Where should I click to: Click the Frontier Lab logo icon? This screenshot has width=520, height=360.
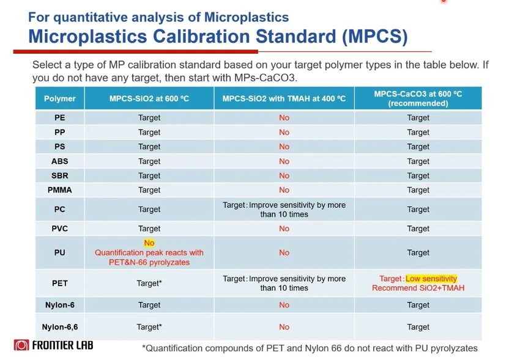(x=21, y=345)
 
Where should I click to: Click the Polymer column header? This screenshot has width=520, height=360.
(x=59, y=98)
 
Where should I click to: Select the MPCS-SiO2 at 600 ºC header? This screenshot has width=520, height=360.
(x=149, y=98)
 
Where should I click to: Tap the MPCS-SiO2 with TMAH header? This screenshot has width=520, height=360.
(x=284, y=98)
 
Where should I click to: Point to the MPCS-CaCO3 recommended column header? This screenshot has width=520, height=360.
(x=418, y=98)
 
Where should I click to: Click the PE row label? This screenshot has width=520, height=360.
(x=59, y=117)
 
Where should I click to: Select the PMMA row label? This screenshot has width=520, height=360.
(x=59, y=190)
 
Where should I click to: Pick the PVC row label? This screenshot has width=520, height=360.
(x=59, y=229)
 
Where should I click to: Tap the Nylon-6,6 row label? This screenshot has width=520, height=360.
(x=59, y=327)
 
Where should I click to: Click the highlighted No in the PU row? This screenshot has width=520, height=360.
(x=149, y=243)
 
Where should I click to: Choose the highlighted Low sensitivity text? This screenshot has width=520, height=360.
(x=431, y=279)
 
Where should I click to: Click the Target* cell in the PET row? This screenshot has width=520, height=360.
(x=149, y=283)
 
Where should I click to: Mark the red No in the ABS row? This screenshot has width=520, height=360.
(x=284, y=161)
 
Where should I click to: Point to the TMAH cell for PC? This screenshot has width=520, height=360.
(x=284, y=210)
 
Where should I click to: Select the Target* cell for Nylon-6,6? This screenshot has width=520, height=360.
(x=149, y=327)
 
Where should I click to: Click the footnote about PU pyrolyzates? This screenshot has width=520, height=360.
(x=310, y=348)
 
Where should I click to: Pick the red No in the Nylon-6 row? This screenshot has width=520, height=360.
(x=284, y=304)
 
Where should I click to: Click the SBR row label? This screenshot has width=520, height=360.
(x=59, y=175)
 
